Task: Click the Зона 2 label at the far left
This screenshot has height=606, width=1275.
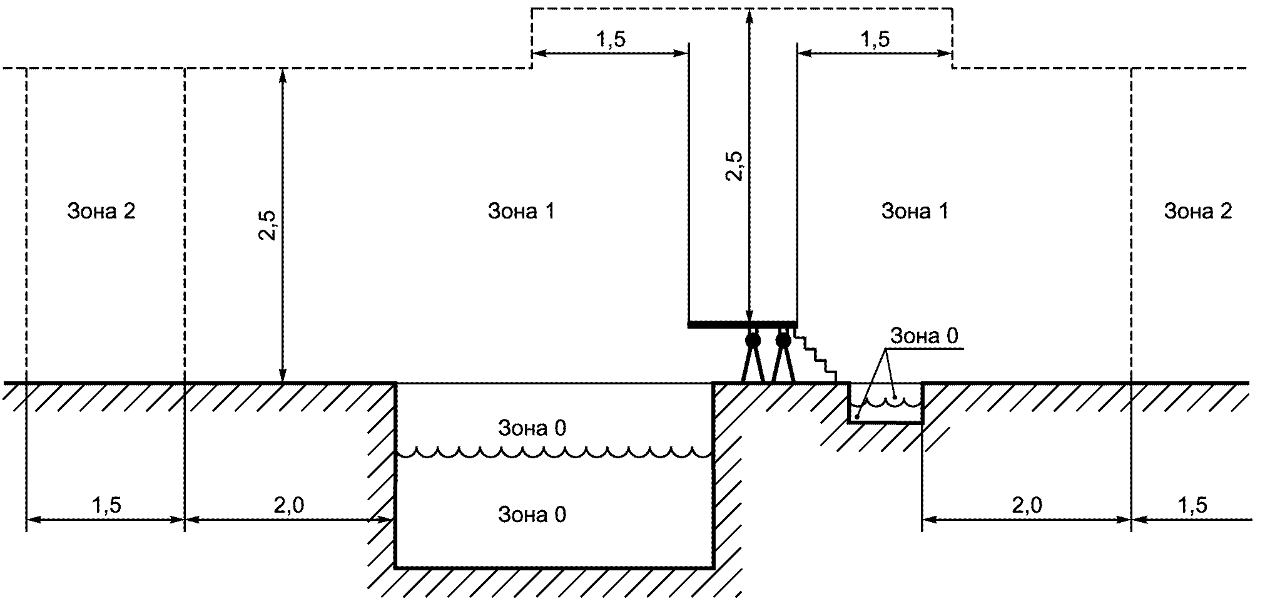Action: click(x=101, y=212)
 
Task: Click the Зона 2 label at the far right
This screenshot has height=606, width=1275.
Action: click(x=1197, y=212)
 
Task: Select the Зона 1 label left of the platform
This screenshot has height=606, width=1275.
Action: click(x=521, y=212)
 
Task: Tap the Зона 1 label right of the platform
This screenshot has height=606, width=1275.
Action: click(x=915, y=212)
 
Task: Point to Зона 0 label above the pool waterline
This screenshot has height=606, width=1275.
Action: click(x=532, y=428)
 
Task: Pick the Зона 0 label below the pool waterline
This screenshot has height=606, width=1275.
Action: click(x=532, y=515)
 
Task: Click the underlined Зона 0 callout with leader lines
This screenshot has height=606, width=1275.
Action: click(x=924, y=337)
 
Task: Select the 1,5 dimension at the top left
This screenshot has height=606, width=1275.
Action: click(x=610, y=39)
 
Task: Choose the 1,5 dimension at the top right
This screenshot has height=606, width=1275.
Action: click(x=875, y=39)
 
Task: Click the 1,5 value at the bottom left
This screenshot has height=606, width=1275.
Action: click(x=106, y=505)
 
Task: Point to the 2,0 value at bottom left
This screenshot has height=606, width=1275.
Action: click(x=289, y=505)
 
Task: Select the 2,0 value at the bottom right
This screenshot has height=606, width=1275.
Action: click(x=1027, y=505)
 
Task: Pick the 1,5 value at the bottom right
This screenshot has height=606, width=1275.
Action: click(x=1192, y=505)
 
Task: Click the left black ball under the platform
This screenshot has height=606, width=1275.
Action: click(x=753, y=341)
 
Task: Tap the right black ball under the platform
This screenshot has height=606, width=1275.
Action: click(x=783, y=341)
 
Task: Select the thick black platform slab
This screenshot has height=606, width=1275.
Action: click(x=742, y=324)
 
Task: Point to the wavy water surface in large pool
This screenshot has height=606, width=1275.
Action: click(x=554, y=453)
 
